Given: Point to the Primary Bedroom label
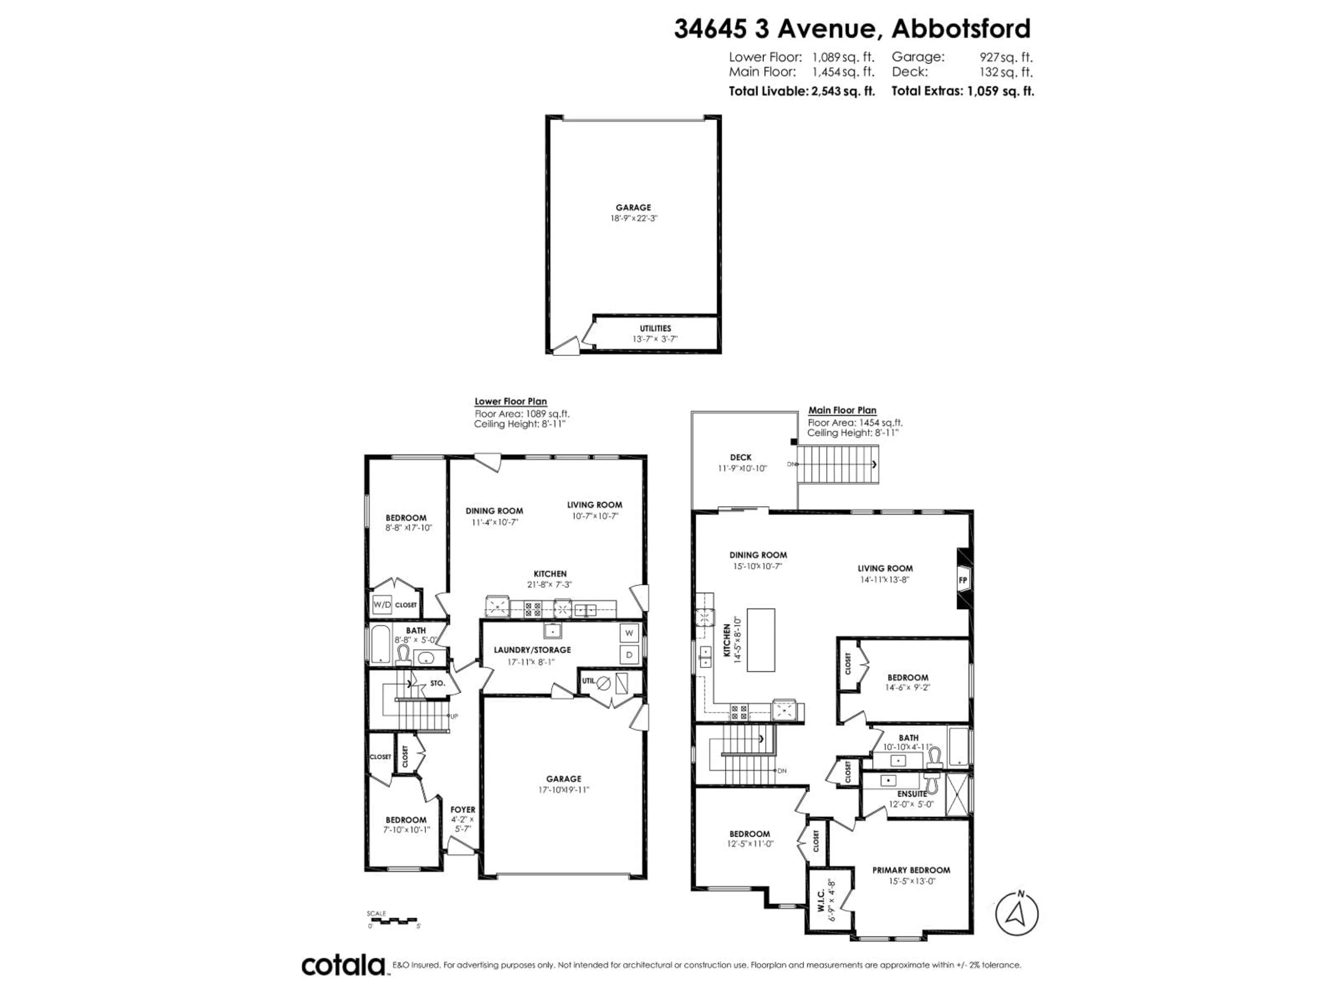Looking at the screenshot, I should pos(911,870).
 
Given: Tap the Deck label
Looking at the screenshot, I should pos(740,457).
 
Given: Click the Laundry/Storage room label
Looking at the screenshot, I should pos(532,650).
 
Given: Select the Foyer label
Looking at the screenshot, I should pos(463,810).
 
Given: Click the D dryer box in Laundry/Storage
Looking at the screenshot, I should pos(629,655).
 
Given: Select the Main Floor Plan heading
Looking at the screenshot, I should pos(842,410).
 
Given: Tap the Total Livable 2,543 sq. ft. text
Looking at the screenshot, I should pos(801,91).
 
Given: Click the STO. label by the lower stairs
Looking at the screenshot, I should pos(437,683).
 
